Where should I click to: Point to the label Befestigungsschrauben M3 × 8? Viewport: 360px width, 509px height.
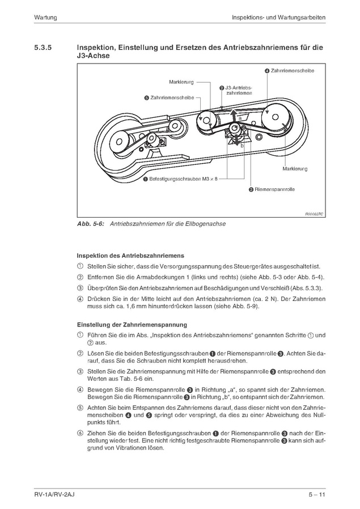(183, 179)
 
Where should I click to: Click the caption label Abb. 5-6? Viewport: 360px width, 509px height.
(90, 224)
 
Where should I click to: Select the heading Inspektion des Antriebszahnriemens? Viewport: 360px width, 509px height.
(130, 256)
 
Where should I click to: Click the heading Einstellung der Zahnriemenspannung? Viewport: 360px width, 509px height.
(132, 325)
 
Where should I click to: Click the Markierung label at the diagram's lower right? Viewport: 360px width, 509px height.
(294, 169)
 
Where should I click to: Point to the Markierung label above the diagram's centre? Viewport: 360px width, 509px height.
(181, 83)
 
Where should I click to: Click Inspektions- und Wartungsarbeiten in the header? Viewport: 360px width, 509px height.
(278, 18)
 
